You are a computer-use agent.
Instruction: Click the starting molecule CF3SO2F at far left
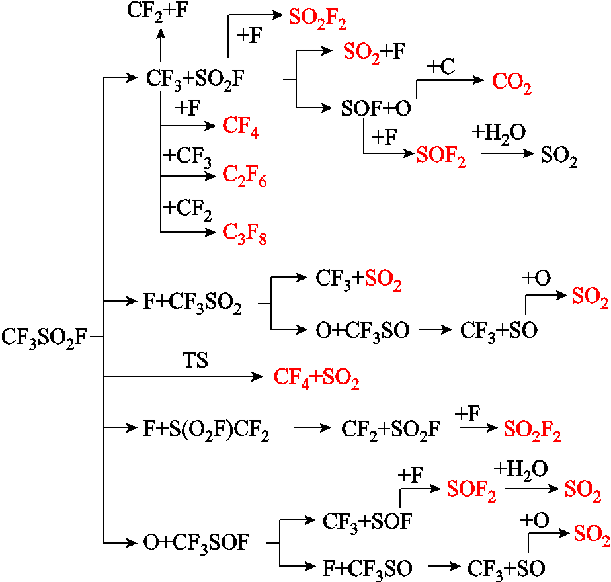click(44, 337)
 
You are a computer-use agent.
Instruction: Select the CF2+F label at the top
click(157, 11)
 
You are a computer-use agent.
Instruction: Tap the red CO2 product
click(512, 83)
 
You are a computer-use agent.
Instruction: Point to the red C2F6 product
click(244, 176)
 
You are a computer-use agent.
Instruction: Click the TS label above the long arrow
click(195, 360)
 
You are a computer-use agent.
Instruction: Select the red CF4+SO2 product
click(316, 378)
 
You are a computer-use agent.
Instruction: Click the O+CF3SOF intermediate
click(196, 542)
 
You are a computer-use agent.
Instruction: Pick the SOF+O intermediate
click(376, 108)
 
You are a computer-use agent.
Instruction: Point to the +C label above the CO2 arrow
click(440, 66)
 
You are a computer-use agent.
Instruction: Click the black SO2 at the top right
click(559, 156)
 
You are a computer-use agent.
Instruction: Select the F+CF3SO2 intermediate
click(192, 303)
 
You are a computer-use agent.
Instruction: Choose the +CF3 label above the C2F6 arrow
click(187, 157)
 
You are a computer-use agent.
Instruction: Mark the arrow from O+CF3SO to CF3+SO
click(436, 330)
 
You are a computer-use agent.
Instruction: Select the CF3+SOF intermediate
click(367, 522)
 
